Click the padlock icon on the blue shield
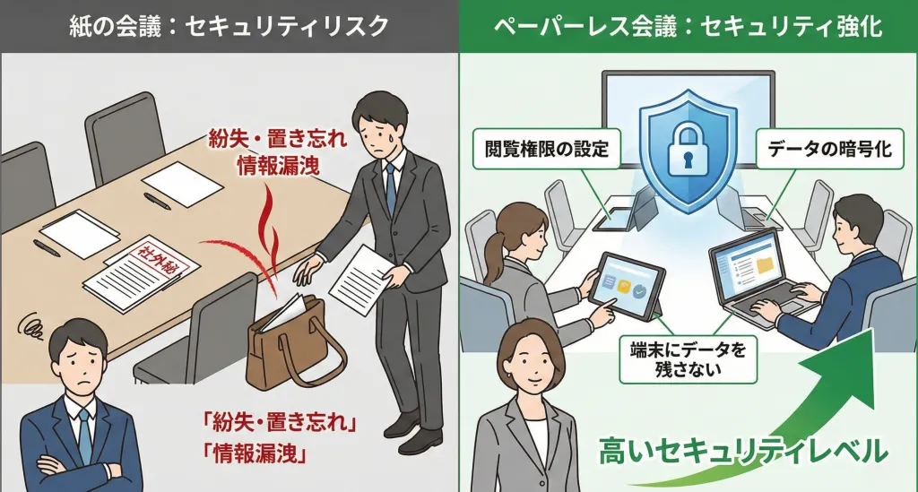(x=688, y=148)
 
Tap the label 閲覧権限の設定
(x=546, y=149)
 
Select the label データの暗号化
(x=828, y=149)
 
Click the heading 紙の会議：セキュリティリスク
(x=229, y=27)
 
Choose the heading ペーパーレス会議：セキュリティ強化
(x=688, y=27)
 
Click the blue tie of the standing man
(x=391, y=187)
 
